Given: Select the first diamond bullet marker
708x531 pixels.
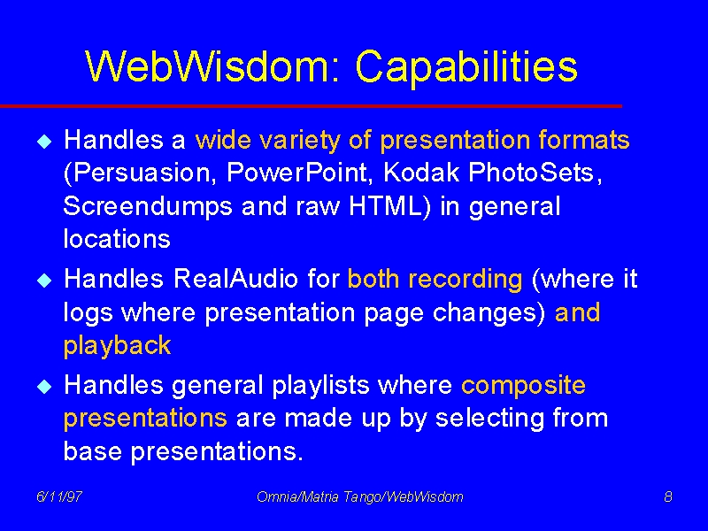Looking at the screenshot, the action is (x=45, y=142).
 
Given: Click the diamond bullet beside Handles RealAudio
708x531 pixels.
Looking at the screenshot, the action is (x=45, y=281).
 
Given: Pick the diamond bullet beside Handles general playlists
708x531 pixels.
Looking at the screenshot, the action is (x=45, y=387).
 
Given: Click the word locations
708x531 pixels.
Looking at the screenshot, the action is (x=117, y=238).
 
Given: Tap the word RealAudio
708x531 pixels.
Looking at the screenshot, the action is (x=235, y=279).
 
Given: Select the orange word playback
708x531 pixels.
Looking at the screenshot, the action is (x=118, y=346).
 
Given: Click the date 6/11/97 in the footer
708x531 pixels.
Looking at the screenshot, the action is (x=59, y=496).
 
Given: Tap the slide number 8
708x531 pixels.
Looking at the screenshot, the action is (x=668, y=496).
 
